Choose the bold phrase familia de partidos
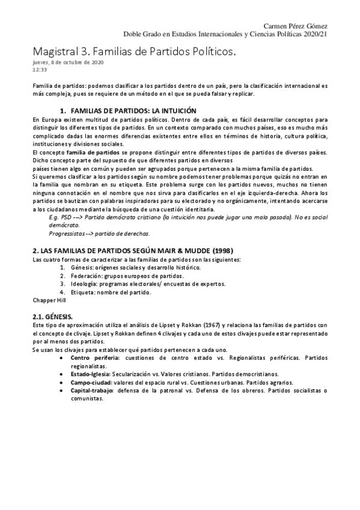(88, 153)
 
